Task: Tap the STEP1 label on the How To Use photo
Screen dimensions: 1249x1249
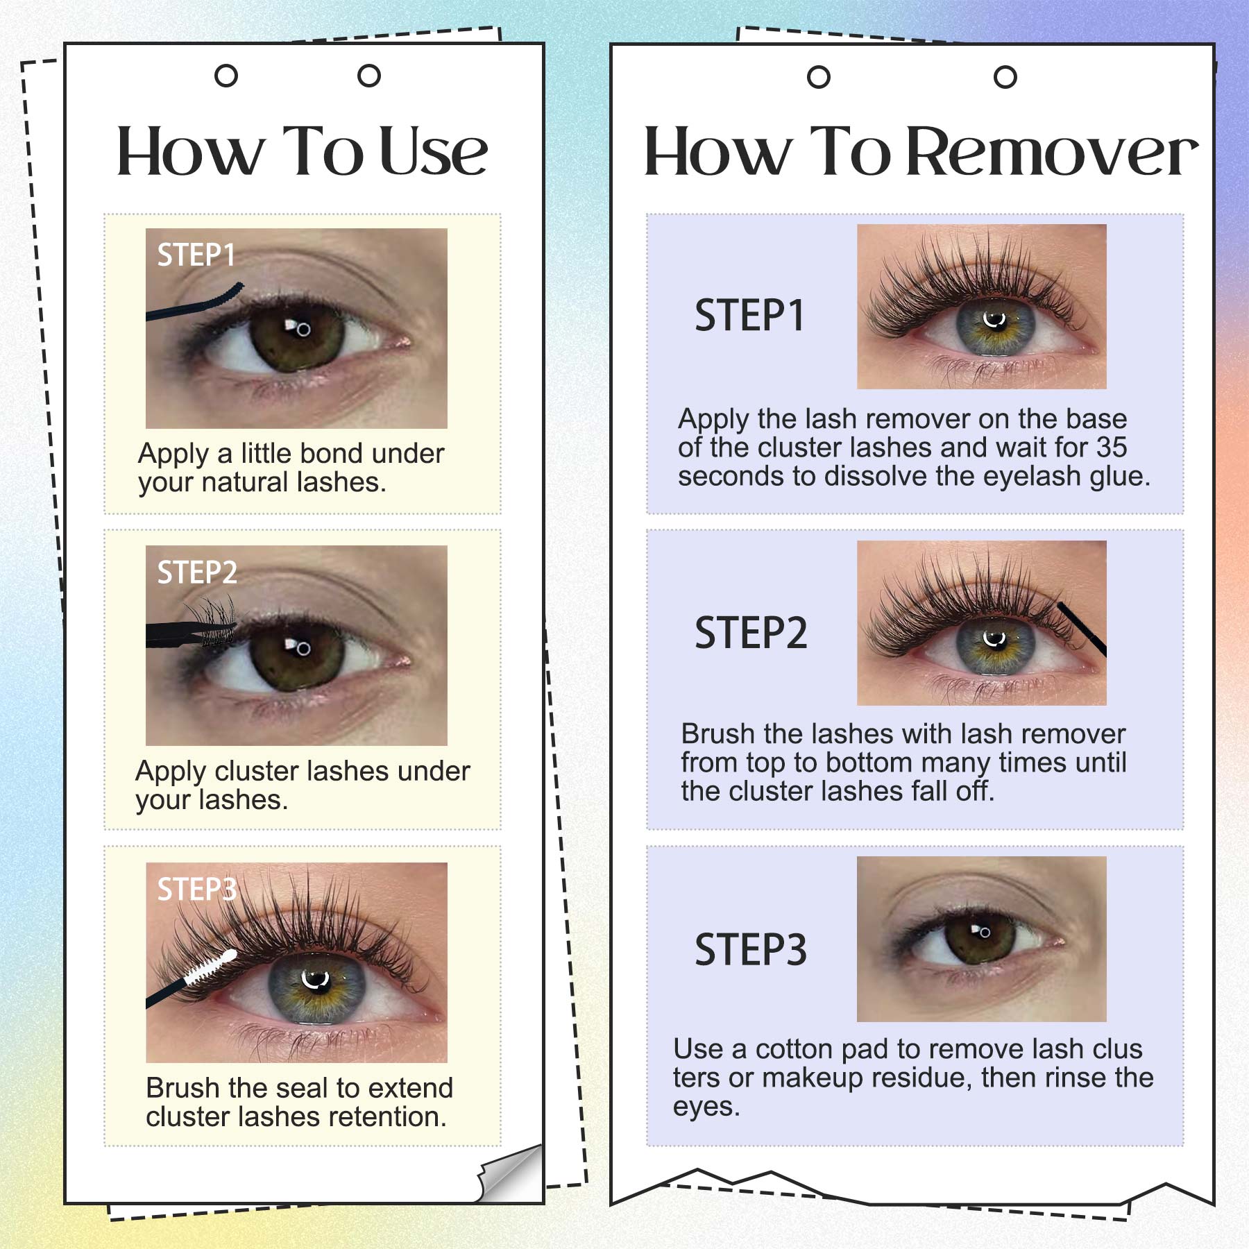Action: click(196, 255)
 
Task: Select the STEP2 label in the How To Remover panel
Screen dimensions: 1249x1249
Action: click(751, 632)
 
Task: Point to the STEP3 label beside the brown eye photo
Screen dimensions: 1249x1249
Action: click(751, 949)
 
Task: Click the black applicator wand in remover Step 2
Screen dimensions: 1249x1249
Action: click(1081, 629)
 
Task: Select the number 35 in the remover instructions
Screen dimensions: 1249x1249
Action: click(1112, 448)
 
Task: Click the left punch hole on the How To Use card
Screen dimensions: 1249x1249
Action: click(226, 76)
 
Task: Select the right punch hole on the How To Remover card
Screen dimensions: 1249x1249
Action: click(1005, 77)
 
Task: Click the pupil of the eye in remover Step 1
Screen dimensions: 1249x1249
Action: click(994, 321)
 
